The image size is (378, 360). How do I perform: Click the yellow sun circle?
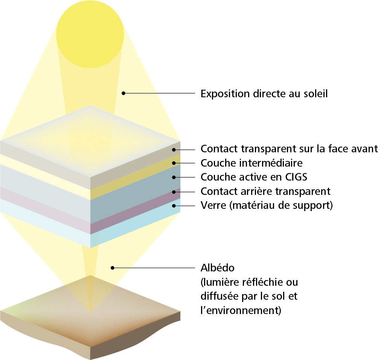(90, 34)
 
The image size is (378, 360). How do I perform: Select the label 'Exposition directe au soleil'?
(264, 94)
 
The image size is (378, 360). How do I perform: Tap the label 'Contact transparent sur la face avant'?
(289, 149)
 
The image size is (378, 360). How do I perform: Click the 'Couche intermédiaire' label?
(251, 163)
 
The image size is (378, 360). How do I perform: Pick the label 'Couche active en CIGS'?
(254, 177)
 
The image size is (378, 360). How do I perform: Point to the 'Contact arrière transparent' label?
(265, 191)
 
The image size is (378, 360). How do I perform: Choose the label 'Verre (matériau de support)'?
(267, 205)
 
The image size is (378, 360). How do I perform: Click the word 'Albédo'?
(218, 268)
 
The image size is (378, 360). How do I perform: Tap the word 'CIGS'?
(296, 177)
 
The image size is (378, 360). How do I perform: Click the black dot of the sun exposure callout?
(123, 93)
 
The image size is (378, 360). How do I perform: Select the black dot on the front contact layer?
(174, 150)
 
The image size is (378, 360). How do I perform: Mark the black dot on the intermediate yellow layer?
(174, 163)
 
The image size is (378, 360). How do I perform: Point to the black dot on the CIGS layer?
(174, 177)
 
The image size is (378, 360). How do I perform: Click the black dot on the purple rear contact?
(174, 192)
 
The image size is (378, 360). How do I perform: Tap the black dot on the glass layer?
(174, 206)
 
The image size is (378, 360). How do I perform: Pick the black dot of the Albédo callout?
(112, 268)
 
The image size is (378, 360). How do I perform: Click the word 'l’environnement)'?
(241, 310)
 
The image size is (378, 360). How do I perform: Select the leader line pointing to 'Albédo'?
(154, 268)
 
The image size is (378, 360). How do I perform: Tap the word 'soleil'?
(316, 94)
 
